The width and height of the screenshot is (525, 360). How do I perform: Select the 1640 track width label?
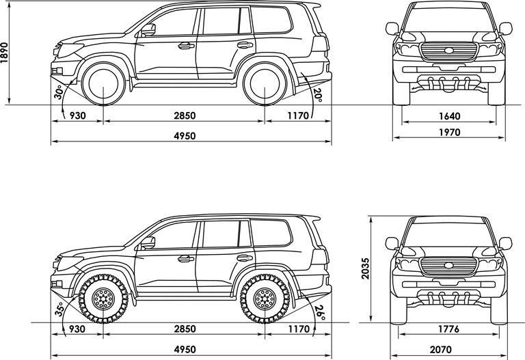448,115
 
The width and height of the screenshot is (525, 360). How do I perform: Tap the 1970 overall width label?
448,131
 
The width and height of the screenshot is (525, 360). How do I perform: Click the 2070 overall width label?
448,348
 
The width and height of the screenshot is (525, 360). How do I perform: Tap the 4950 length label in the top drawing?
185,136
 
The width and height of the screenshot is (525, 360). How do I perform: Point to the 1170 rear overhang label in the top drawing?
299,115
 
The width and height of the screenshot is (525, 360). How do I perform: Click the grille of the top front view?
448,52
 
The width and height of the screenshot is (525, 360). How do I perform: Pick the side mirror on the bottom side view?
148,243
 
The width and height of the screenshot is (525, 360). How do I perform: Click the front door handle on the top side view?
185,46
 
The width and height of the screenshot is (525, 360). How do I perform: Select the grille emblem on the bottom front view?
448,264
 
